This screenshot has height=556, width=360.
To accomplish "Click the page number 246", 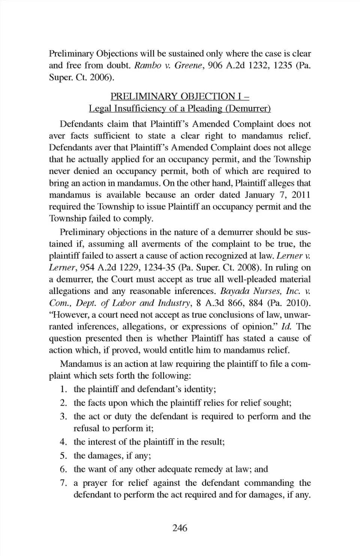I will pyautogui.click(x=180, y=528).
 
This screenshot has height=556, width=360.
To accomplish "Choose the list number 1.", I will pyautogui.click(x=63, y=389).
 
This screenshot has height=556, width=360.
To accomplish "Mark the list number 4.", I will pyautogui.click(x=63, y=442).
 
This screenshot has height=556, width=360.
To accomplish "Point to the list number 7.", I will pyautogui.click(x=63, y=483).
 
